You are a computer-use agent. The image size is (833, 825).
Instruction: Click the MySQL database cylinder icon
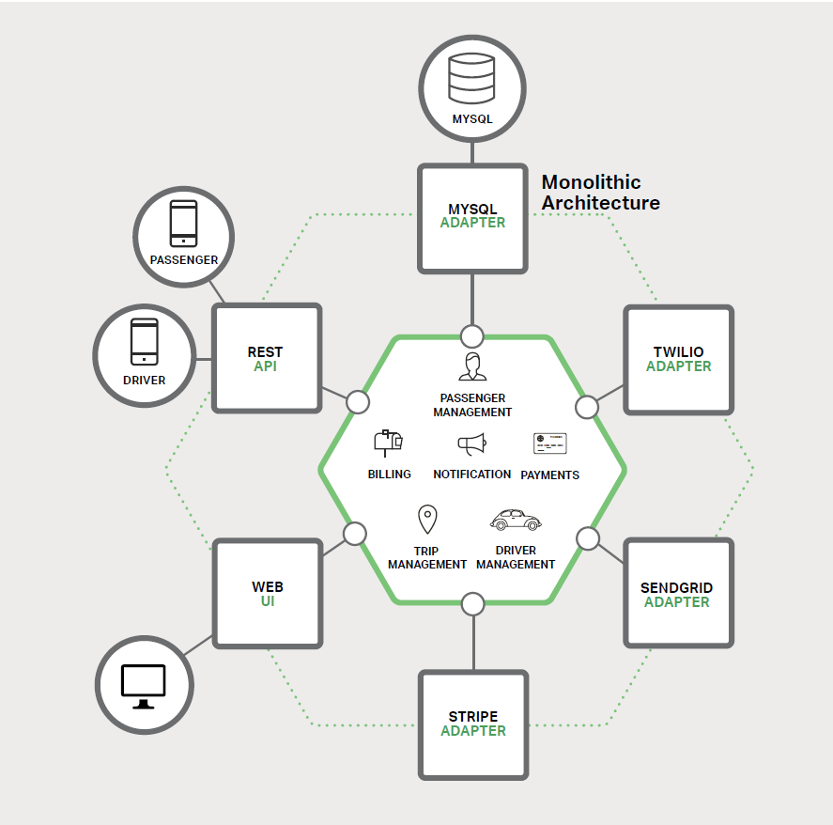point(471,79)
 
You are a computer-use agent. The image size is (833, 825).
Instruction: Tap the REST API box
point(267,358)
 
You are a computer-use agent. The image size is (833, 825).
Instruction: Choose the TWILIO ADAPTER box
point(678,359)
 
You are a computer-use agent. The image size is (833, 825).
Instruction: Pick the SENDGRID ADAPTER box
point(677,594)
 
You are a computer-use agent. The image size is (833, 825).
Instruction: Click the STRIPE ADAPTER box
point(473,724)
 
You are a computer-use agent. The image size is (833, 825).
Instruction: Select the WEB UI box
point(268,593)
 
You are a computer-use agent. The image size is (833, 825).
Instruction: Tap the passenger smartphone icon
point(184,224)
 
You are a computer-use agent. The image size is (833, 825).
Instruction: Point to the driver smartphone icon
point(144,341)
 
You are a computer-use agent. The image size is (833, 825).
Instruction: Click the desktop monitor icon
point(144,686)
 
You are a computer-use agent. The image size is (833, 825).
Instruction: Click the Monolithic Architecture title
point(600,193)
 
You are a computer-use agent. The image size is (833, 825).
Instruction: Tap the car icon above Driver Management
point(516,520)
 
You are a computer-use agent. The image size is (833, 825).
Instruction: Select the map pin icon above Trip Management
point(427,520)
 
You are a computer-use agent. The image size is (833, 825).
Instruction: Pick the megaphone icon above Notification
point(471,444)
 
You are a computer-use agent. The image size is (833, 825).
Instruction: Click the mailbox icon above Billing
point(388,442)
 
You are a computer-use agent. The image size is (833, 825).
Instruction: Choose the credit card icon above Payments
point(550,444)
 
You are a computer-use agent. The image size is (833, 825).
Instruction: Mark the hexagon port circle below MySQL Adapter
point(472,335)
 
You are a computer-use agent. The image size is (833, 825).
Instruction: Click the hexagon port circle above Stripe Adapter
point(473,604)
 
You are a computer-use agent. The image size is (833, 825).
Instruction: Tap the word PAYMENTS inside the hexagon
point(549,475)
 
